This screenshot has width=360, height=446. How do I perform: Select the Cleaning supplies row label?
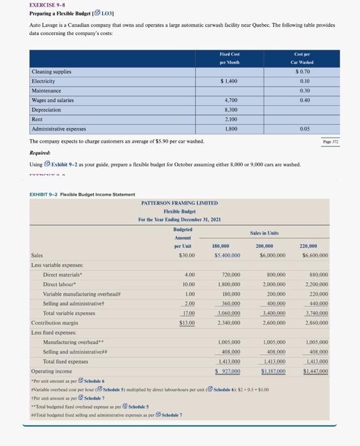[x=52, y=72]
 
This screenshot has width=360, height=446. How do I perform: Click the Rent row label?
[x=38, y=119]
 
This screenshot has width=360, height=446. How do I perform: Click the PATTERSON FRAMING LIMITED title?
[x=180, y=203]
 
